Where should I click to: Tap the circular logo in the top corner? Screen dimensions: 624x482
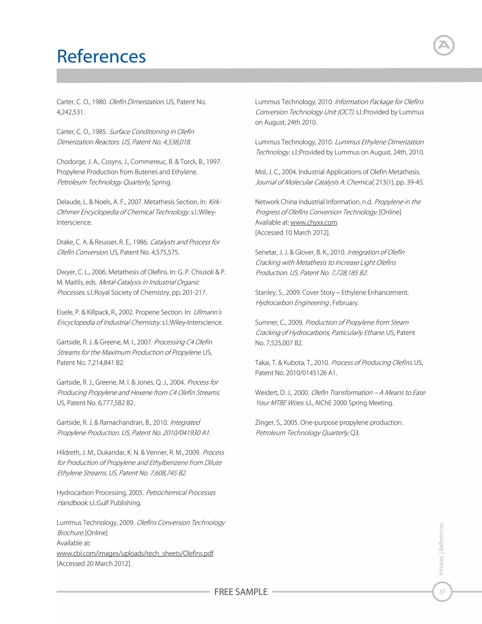tap(443, 45)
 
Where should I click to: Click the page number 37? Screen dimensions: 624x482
tap(442, 592)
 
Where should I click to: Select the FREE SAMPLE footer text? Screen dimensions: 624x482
tap(241, 592)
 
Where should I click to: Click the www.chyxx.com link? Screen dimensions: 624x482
tap(313, 222)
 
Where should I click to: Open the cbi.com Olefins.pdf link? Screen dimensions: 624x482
tap(135, 553)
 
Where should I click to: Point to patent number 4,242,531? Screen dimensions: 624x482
tap(70, 112)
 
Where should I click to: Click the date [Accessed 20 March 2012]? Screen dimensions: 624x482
tap(94, 563)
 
